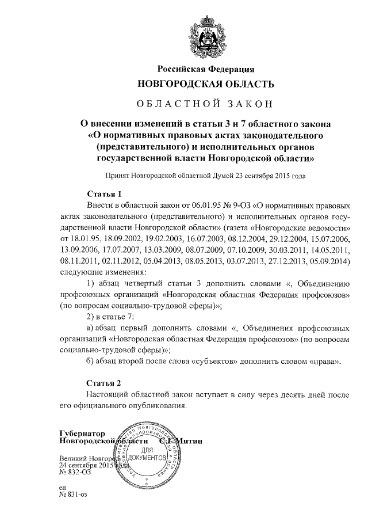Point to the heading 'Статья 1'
(103, 193)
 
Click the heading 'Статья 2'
(103, 382)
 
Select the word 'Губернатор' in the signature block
(82, 432)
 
